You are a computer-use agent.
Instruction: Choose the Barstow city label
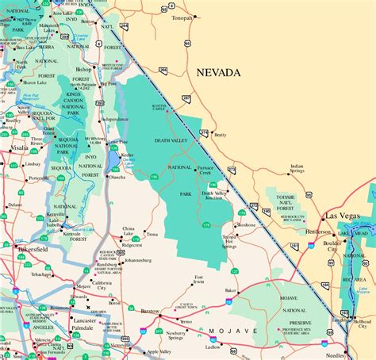(x=149, y=312)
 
